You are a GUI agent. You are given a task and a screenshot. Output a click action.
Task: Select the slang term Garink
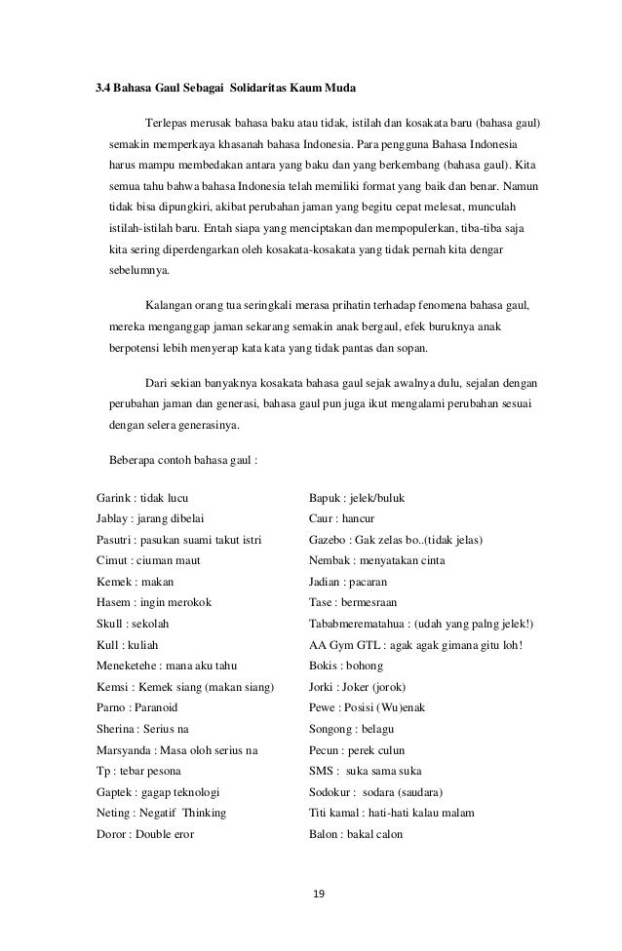tap(113, 498)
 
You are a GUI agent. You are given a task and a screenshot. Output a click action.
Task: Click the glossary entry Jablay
tap(112, 518)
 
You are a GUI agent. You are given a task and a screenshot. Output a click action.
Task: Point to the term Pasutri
tap(115, 540)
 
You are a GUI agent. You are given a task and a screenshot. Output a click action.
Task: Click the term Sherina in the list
tap(117, 729)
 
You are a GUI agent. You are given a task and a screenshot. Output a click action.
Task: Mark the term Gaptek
tap(115, 791)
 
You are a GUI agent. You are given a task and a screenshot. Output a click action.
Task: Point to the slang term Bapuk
tap(325, 498)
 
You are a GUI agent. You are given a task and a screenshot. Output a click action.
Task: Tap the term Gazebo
tap(329, 540)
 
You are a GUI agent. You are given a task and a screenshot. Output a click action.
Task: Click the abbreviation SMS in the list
tap(322, 771)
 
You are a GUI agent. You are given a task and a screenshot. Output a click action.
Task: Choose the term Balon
tap(324, 833)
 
